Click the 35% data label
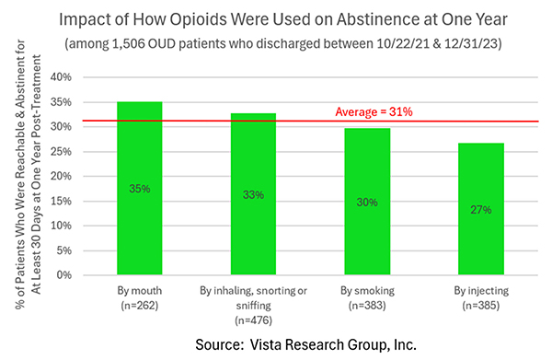tap(140, 188)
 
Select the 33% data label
tap(254, 194)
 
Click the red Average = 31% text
tap(373, 111)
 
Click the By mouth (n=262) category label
tap(140, 297)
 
